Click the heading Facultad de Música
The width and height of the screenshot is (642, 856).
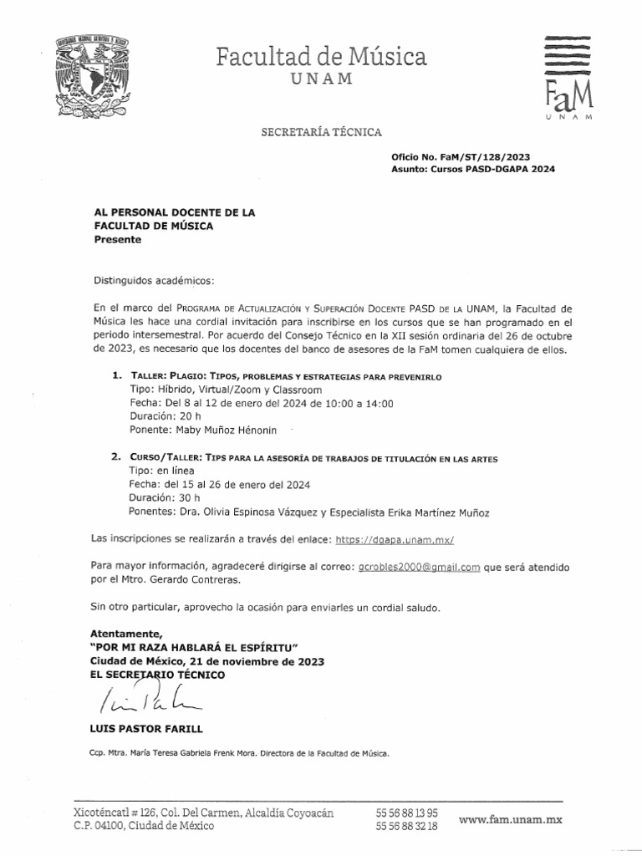coord(321,56)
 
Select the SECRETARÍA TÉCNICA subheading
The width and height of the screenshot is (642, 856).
coord(322,132)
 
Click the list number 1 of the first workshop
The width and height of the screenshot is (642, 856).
coord(116,377)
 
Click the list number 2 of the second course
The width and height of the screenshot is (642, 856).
coord(115,459)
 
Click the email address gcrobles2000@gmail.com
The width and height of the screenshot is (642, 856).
coord(419,567)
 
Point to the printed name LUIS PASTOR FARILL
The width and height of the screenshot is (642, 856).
coord(145,728)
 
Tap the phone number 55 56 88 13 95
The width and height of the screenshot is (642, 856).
coord(406,813)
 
